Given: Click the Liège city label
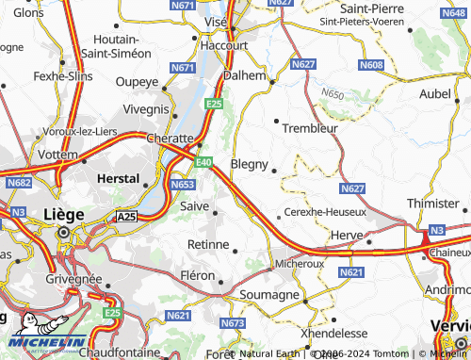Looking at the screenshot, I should click(63, 214).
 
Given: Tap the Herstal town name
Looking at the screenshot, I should click(119, 177).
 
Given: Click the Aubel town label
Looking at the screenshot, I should click(435, 93).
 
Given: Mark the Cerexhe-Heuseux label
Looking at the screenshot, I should click(325, 213).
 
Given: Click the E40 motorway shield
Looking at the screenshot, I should click(205, 163).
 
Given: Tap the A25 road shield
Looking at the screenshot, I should click(127, 217).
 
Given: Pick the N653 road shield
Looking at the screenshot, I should click(183, 185).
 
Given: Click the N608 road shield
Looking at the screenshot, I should click(371, 65).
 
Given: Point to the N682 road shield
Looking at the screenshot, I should click(18, 184).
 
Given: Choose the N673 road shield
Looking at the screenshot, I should click(232, 324).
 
